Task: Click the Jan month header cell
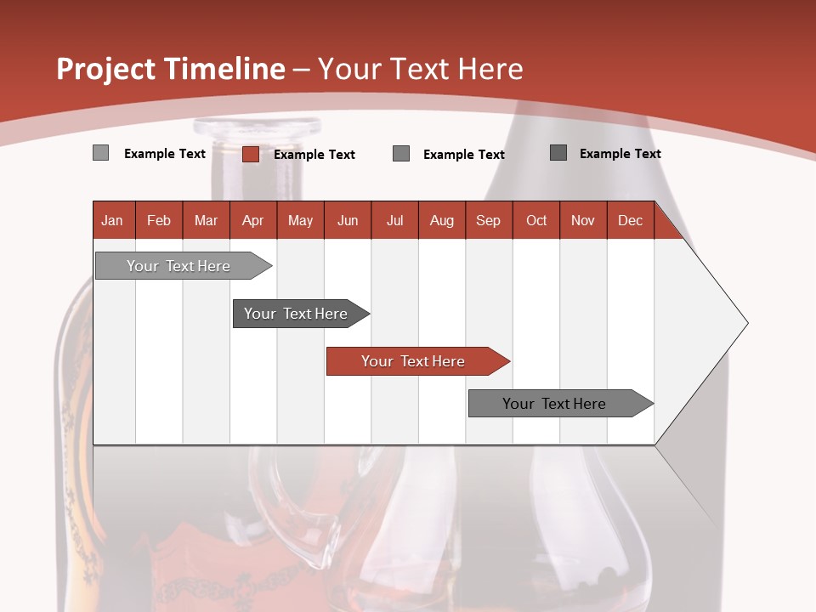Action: click(113, 220)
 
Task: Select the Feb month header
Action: click(159, 220)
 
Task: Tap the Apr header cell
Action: click(252, 220)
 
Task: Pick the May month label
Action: click(300, 220)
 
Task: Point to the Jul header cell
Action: click(394, 220)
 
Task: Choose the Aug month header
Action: click(441, 220)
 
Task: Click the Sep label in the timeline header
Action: click(488, 220)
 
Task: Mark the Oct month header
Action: click(536, 220)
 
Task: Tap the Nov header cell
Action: click(582, 220)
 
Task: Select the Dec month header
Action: click(630, 220)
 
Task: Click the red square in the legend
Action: click(250, 154)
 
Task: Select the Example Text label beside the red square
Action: click(314, 155)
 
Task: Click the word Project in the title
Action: click(105, 69)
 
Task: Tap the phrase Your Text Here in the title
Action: click(420, 69)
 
